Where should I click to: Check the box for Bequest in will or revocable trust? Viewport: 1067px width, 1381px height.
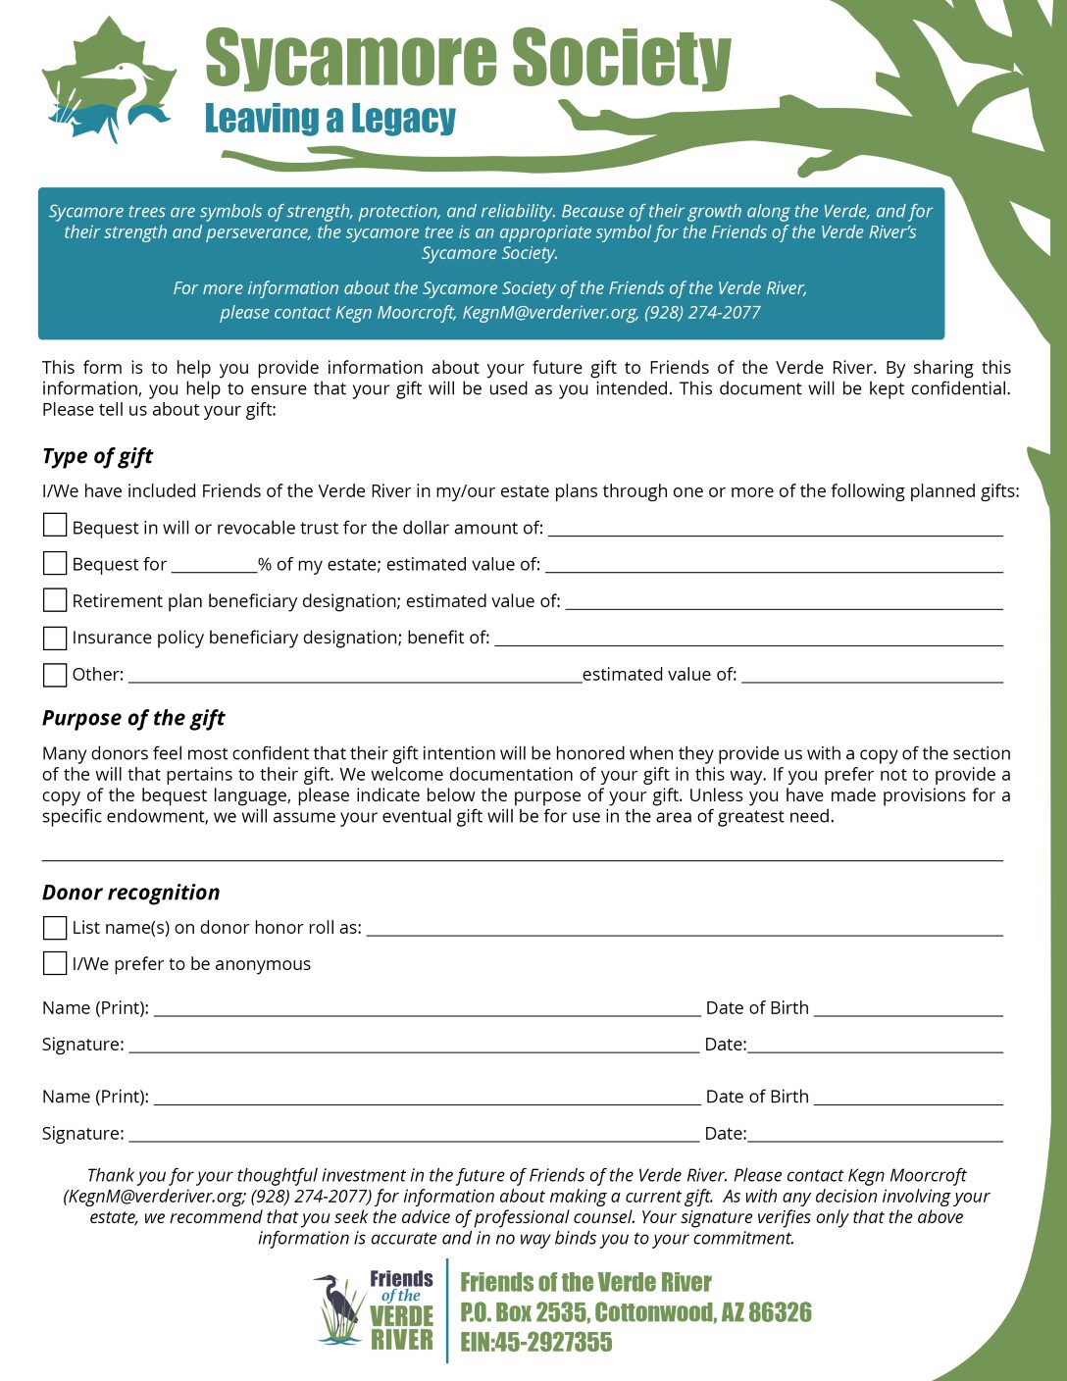click(55, 526)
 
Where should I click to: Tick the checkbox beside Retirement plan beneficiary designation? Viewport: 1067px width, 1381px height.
click(55, 599)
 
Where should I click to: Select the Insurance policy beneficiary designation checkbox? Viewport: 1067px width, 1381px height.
click(55, 638)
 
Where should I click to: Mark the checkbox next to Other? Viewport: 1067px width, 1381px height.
click(55, 675)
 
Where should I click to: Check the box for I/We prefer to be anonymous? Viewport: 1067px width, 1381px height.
click(55, 963)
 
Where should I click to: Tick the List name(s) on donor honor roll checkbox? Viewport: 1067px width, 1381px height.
click(55, 927)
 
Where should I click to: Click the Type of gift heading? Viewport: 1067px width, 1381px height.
click(97, 456)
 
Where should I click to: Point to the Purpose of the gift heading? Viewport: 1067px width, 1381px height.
click(133, 718)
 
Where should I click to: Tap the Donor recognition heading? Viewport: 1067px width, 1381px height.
click(130, 893)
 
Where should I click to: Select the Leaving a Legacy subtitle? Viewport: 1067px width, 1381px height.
click(330, 119)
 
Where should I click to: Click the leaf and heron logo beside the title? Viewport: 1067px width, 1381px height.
click(108, 80)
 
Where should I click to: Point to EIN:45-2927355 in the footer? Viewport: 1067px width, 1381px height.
click(535, 1343)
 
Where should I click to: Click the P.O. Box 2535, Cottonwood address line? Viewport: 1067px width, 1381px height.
click(635, 1312)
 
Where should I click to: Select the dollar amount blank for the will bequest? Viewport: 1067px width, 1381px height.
click(775, 530)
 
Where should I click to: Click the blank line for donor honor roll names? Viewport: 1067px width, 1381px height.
click(685, 930)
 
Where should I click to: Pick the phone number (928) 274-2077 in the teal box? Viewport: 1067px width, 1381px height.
click(702, 313)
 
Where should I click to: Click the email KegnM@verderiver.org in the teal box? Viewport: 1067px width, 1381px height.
click(550, 313)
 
